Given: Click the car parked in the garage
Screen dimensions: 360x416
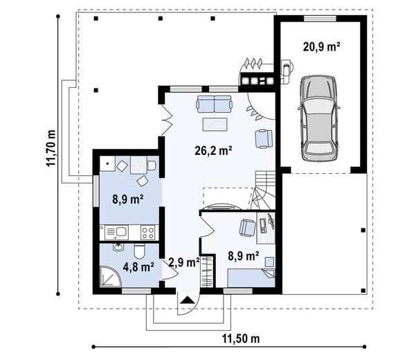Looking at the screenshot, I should (x=319, y=116).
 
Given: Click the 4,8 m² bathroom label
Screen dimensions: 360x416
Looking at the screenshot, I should (x=138, y=267).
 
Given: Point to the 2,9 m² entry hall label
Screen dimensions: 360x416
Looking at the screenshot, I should (x=183, y=262).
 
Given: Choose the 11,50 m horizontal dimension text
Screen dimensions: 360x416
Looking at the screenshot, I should (x=240, y=339).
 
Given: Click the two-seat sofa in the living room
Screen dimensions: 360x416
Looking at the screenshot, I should (x=214, y=105).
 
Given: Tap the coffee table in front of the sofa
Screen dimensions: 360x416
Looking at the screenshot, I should (x=215, y=125).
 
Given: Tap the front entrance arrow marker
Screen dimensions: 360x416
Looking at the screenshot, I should (x=186, y=299).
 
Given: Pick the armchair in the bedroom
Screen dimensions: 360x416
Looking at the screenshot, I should (x=246, y=227).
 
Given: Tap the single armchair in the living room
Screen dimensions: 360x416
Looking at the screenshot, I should (x=264, y=138).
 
